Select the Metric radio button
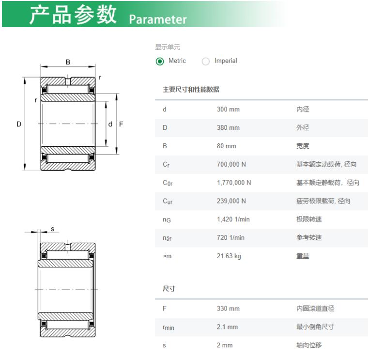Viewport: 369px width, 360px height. click(x=160, y=62)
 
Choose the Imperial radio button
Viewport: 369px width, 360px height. click(x=206, y=62)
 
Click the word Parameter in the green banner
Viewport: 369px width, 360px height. click(x=158, y=19)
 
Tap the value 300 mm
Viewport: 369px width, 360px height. click(x=228, y=110)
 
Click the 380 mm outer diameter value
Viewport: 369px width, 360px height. click(x=228, y=128)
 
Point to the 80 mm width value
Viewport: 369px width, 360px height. click(x=227, y=146)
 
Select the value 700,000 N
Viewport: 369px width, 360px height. click(x=231, y=164)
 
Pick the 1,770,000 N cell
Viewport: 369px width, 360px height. click(x=234, y=183)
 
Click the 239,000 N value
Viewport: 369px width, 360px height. click(x=231, y=201)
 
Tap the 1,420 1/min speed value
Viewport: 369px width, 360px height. click(x=233, y=219)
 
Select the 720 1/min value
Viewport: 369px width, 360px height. click(x=231, y=238)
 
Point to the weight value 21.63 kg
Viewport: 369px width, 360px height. click(x=229, y=256)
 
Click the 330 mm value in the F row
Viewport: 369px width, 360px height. click(x=228, y=309)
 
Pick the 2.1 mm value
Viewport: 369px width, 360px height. click(x=227, y=327)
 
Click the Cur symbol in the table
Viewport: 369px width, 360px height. click(x=168, y=201)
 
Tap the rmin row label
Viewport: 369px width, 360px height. click(x=168, y=328)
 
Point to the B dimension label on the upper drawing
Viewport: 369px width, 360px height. click(x=68, y=62)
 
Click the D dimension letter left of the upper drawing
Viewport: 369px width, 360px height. click(x=19, y=124)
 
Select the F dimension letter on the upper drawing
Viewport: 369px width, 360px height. click(x=121, y=124)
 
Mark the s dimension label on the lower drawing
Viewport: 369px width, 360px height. click(x=52, y=229)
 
